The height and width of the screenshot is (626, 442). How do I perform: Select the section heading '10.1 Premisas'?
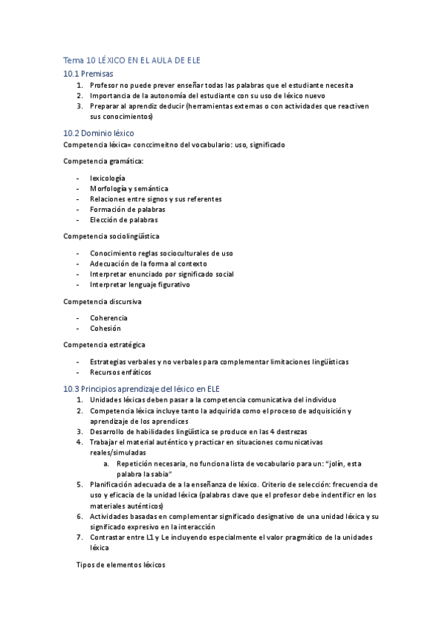pos(88,74)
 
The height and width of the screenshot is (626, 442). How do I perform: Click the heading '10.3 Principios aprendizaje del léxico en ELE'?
pos(148,388)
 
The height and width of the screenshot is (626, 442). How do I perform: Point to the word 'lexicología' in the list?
pos(108,178)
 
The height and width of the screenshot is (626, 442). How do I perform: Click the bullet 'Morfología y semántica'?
pos(129,188)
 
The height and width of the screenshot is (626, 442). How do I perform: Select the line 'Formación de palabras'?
pos(128,209)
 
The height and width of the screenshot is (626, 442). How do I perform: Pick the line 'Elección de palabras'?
pos(124,219)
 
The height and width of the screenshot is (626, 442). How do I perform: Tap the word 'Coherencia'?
pos(108,317)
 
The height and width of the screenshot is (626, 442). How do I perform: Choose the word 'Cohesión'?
pos(106,328)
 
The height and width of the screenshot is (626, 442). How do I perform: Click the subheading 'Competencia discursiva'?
pos(103,301)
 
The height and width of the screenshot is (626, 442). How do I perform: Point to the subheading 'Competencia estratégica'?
pos(104,345)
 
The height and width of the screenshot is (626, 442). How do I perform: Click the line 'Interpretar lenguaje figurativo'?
pos(140,284)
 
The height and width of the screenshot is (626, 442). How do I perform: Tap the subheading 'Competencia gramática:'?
pos(103,160)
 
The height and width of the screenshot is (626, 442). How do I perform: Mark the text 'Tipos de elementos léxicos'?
pos(122,565)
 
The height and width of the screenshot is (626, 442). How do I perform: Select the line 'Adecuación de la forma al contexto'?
pos(148,264)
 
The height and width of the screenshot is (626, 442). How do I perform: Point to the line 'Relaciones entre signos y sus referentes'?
pos(156,199)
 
